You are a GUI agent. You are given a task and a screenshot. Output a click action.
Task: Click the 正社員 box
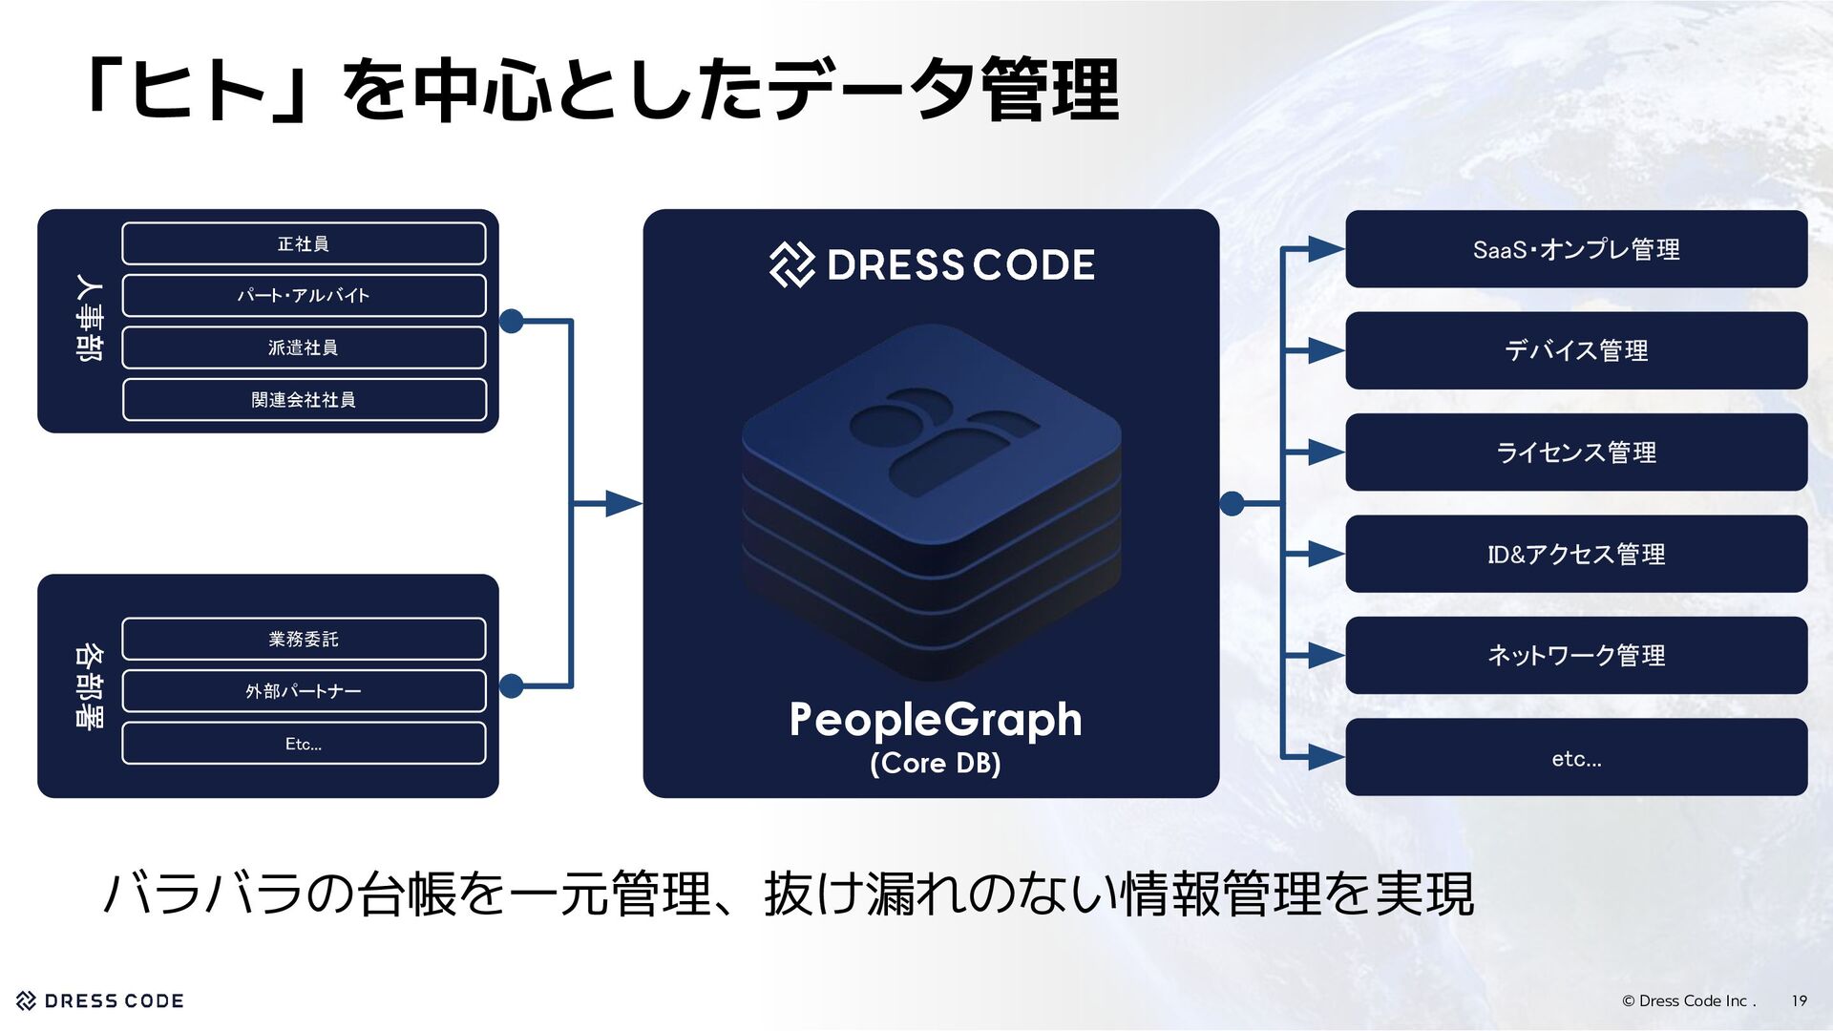click(304, 243)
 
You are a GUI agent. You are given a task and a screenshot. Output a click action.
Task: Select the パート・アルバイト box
click(304, 295)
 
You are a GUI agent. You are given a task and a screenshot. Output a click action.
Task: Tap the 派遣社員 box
click(304, 347)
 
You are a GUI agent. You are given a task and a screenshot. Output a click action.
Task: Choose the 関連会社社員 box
click(304, 399)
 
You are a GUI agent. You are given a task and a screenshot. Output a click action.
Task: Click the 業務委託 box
click(304, 639)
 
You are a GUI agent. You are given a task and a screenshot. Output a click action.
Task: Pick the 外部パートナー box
click(304, 691)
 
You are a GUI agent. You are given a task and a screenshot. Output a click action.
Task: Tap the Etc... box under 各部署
click(304, 744)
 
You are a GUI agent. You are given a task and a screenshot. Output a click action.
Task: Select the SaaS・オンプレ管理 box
click(1576, 249)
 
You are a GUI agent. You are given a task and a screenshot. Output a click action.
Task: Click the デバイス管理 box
click(1576, 350)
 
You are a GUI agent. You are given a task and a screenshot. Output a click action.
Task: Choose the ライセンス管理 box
click(1576, 452)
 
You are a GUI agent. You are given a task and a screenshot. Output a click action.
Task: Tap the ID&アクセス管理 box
click(1576, 554)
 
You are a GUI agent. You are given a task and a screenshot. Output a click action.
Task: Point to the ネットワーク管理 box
click(1576, 655)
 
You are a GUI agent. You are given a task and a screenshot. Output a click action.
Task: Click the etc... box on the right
click(1576, 758)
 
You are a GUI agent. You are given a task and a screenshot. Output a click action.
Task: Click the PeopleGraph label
click(935, 720)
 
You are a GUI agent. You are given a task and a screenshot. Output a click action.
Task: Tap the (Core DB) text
click(935, 763)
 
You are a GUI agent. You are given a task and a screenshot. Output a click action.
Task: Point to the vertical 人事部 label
click(89, 318)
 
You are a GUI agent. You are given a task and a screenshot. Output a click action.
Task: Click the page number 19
click(1799, 1000)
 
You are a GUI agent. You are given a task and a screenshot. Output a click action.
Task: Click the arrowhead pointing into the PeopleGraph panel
click(623, 503)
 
